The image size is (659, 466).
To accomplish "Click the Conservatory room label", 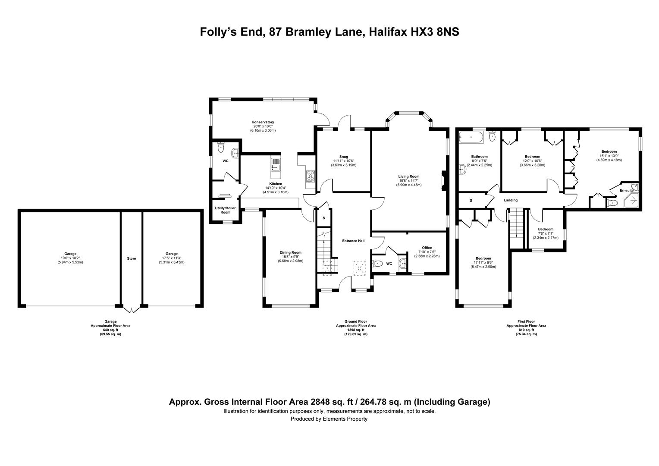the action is [263, 122].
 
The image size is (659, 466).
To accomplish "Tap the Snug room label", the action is [344, 157].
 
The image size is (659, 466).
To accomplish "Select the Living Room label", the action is [409, 176].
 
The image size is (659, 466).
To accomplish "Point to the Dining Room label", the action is [290, 252].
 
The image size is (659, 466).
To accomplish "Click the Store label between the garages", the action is [132, 258].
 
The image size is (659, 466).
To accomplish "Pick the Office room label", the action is [427, 248].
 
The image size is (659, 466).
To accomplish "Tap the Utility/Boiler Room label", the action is [226, 210].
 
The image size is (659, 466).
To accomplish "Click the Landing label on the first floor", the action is [511, 200].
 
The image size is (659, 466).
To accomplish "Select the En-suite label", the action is [627, 190].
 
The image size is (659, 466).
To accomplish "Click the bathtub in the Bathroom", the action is [471, 137].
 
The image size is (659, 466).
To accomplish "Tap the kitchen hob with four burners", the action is [311, 176].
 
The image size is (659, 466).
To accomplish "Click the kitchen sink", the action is [276, 164].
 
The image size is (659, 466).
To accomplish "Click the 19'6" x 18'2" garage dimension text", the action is [70, 258].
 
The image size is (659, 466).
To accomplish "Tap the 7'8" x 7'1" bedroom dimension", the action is [546, 233].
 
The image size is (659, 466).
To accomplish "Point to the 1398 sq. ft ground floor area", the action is [356, 330].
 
